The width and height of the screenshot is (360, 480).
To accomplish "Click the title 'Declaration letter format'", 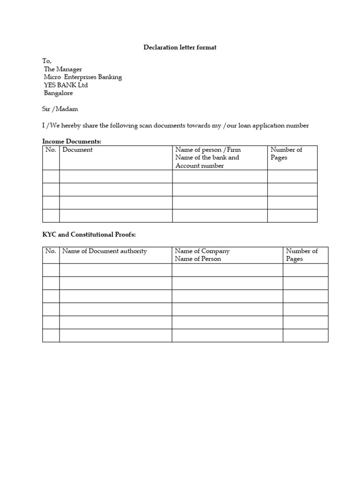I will [180, 48].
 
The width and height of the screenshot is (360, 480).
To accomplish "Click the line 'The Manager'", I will [63, 69].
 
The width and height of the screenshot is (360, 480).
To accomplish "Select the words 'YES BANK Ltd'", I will [66, 85].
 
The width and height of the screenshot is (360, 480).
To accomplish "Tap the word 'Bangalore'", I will [58, 93].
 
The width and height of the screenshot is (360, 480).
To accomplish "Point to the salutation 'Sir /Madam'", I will [60, 109].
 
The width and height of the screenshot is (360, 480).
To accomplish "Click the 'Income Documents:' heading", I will [72, 141].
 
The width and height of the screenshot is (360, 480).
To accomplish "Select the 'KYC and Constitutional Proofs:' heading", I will [89, 234].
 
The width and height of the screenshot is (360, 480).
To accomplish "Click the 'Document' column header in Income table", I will [77, 150].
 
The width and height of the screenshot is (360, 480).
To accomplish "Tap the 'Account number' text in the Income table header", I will [200, 165].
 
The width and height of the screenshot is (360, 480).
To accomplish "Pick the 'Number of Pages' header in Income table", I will [286, 154].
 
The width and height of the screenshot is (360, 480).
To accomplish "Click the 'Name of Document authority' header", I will [105, 251].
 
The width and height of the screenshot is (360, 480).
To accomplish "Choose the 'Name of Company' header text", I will [202, 251].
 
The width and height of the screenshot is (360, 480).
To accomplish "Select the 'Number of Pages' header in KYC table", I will [302, 255].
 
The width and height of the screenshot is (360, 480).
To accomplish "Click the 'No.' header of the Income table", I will [51, 150].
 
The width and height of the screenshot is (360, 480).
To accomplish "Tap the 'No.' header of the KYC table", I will [51, 251].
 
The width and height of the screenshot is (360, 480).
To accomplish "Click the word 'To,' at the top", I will [47, 61].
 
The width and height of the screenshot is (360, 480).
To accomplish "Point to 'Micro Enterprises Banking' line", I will [83, 77].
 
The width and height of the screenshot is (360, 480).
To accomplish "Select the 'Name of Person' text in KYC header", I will [198, 259].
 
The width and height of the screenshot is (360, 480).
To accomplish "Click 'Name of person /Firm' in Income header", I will [208, 150].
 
